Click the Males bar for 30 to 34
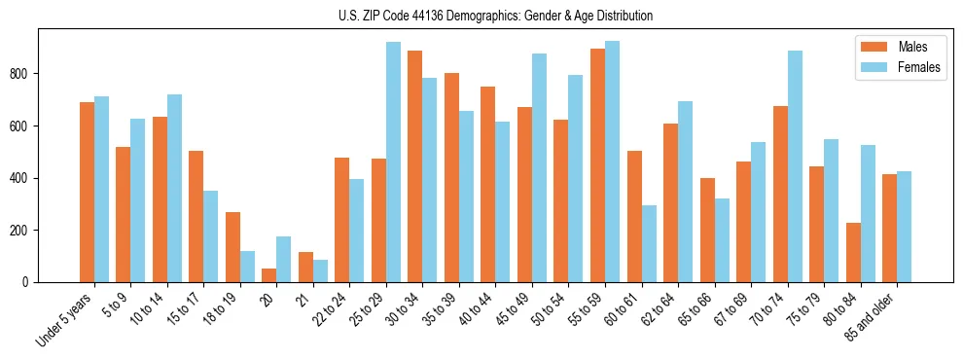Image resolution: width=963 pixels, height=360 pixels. (415, 166)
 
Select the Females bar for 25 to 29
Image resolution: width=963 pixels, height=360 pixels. (393, 162)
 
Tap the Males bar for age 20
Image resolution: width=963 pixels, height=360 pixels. (269, 275)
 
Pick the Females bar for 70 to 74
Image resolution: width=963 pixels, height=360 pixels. (795, 166)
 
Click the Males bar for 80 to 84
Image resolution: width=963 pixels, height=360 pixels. (853, 252)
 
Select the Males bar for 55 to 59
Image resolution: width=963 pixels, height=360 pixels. (597, 165)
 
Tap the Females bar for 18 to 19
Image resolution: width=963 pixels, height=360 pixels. (247, 267)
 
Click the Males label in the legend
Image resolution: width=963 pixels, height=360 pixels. (912, 47)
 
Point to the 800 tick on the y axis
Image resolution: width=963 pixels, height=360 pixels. (39, 74)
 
